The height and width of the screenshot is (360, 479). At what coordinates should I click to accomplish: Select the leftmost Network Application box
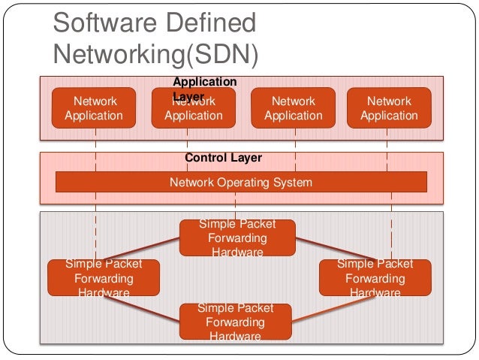tap(94, 107)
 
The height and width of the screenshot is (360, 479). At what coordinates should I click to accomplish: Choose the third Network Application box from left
tap(294, 107)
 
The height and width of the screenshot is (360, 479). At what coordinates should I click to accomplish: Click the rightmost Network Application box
tap(389, 107)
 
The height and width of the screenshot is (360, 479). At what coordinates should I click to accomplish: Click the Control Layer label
tap(223, 159)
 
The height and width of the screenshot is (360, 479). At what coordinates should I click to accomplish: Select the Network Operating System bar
tap(241, 182)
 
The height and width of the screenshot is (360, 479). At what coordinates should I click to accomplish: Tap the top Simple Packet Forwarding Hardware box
tap(237, 237)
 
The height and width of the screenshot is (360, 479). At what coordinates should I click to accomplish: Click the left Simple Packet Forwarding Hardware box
tap(104, 277)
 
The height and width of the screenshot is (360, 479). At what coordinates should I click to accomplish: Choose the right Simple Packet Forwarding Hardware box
tap(375, 277)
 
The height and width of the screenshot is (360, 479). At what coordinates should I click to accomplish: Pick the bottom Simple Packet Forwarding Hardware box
tap(236, 322)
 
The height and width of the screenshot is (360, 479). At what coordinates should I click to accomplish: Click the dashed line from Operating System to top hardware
tap(236, 205)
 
